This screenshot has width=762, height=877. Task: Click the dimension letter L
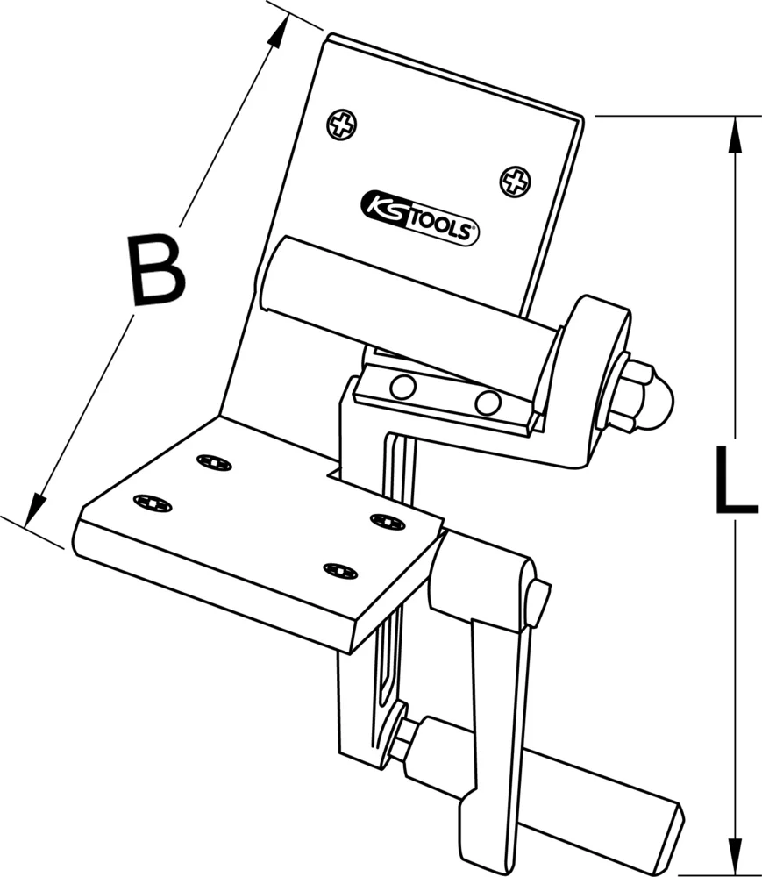pos(735,480)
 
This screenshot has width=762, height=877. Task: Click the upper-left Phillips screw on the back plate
pos(342,125)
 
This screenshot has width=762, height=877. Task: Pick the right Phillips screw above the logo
pos(515,182)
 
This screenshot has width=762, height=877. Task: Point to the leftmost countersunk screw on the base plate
pos(153,503)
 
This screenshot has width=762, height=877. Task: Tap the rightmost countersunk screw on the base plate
pos(386,520)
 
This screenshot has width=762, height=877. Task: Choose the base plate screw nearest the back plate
pos(214,462)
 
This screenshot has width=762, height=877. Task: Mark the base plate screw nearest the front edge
pos(340,571)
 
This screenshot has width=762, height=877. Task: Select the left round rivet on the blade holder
pos(403,386)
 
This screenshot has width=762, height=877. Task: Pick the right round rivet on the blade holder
pos(488,403)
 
